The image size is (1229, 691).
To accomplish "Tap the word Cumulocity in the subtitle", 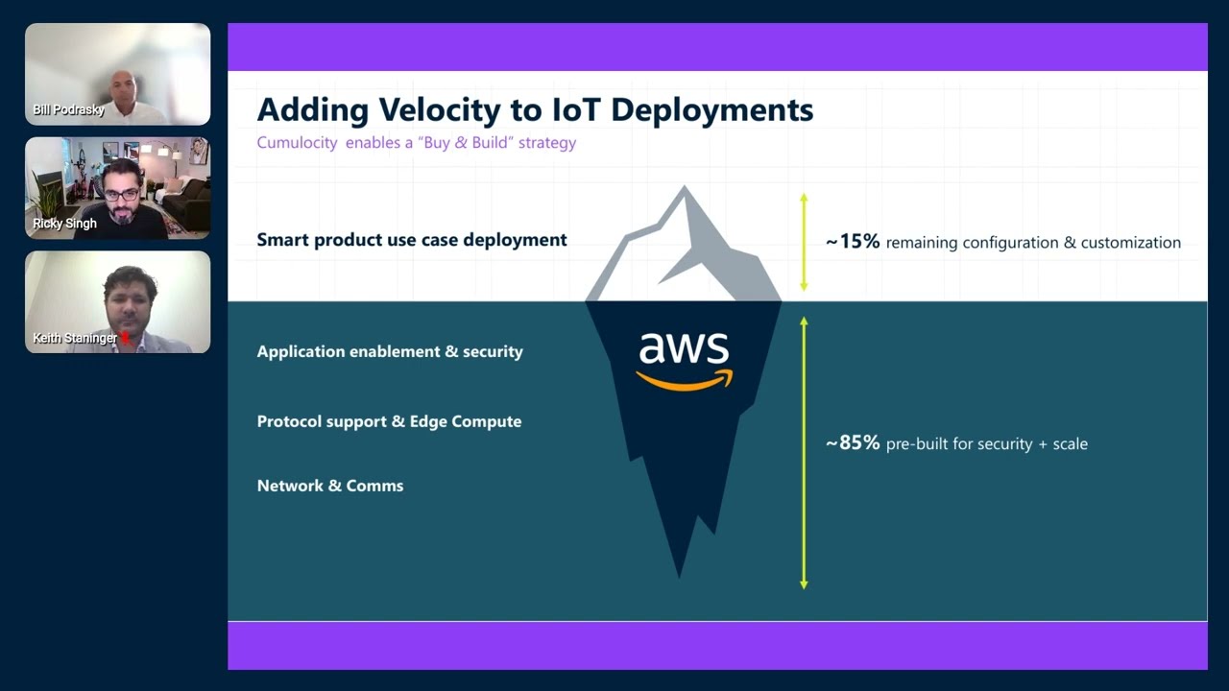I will click(x=297, y=143).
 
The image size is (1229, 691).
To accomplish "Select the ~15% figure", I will click(x=853, y=242).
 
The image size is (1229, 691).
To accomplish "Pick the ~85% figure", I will click(x=853, y=443).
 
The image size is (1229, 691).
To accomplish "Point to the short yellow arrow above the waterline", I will click(x=804, y=242).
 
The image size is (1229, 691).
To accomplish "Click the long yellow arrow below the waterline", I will click(x=804, y=452).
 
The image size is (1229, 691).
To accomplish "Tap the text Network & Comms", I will click(x=330, y=486).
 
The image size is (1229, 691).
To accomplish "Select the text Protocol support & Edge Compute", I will click(x=389, y=421).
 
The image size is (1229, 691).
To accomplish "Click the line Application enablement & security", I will click(x=390, y=351).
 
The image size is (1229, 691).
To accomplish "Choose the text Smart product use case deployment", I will click(x=412, y=240).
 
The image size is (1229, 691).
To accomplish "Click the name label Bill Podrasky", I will click(x=68, y=109).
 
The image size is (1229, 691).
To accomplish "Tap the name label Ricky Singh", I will click(x=64, y=224).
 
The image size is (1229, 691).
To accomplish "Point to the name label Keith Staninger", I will click(x=75, y=338).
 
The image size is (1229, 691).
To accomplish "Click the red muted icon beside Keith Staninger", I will click(x=124, y=338).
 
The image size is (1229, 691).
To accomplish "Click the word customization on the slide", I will click(x=1131, y=243).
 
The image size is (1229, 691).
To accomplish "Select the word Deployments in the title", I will click(x=711, y=109).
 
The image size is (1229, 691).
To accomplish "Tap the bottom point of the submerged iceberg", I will click(x=680, y=574).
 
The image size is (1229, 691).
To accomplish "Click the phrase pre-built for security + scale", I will click(x=986, y=444).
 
